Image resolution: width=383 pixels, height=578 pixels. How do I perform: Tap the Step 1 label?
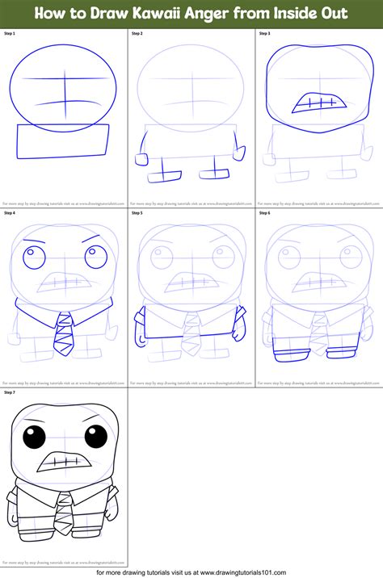click(10, 34)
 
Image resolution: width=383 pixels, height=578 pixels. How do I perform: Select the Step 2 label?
click(137, 34)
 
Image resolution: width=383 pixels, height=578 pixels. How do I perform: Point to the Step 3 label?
click(264, 34)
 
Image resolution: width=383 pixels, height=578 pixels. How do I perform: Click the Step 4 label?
click(10, 213)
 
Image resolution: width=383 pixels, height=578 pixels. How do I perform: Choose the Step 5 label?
click(137, 213)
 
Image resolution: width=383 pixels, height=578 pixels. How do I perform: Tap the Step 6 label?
click(264, 213)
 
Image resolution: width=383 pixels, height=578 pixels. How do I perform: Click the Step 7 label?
click(10, 392)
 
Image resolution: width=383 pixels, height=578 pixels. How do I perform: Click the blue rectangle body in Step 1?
click(63, 142)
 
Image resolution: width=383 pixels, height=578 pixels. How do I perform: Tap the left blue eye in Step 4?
click(32, 258)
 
